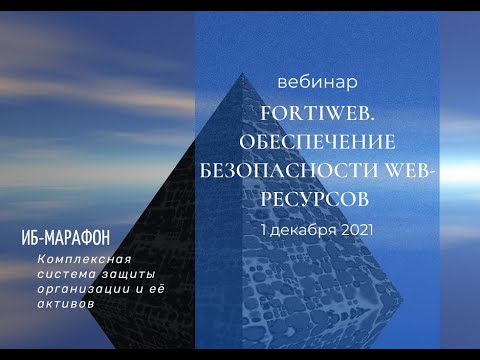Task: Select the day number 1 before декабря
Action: click(x=263, y=229)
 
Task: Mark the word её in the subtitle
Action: click(x=149, y=286)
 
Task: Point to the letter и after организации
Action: click(x=129, y=286)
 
